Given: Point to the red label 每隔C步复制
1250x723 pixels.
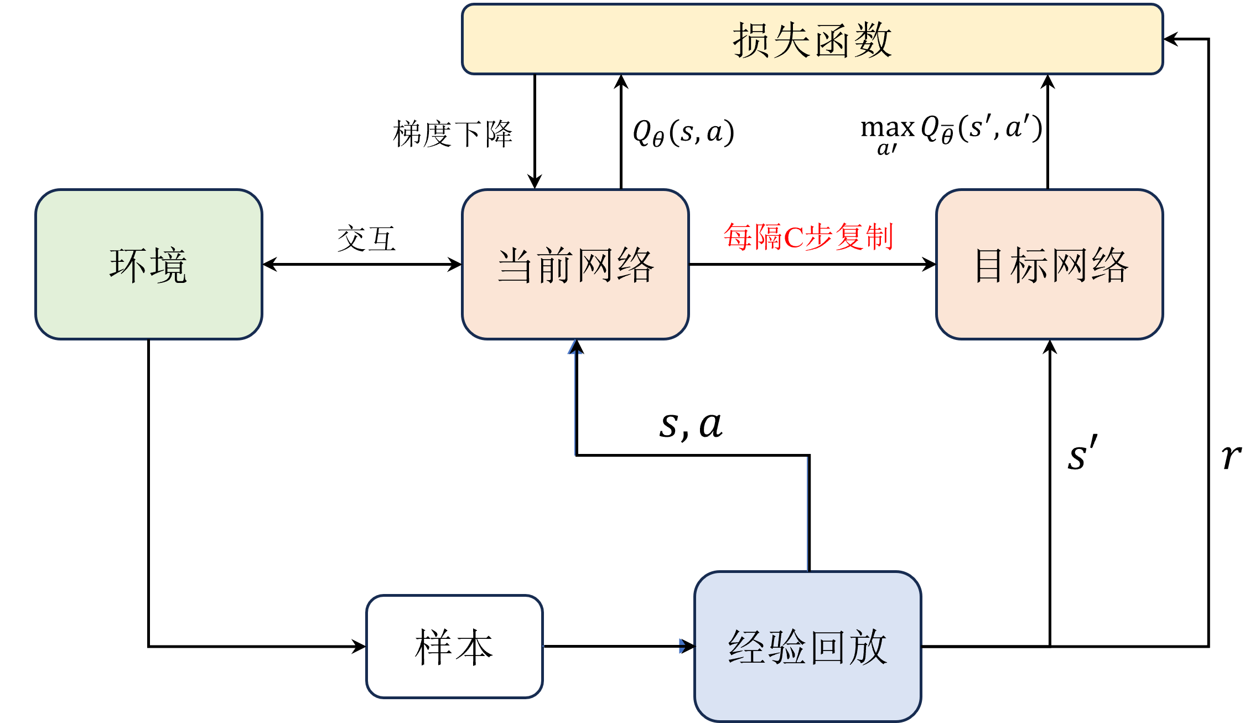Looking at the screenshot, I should click(x=808, y=237).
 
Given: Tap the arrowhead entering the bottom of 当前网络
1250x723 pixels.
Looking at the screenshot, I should click(x=575, y=347).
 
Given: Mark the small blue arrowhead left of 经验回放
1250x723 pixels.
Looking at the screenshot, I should click(x=682, y=646).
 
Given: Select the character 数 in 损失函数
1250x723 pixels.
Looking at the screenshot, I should click(x=873, y=40).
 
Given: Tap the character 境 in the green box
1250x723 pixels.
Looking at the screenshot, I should click(x=169, y=266).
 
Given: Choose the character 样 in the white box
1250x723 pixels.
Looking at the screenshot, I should click(x=433, y=647).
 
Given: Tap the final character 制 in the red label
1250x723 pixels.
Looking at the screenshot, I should click(x=879, y=237).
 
